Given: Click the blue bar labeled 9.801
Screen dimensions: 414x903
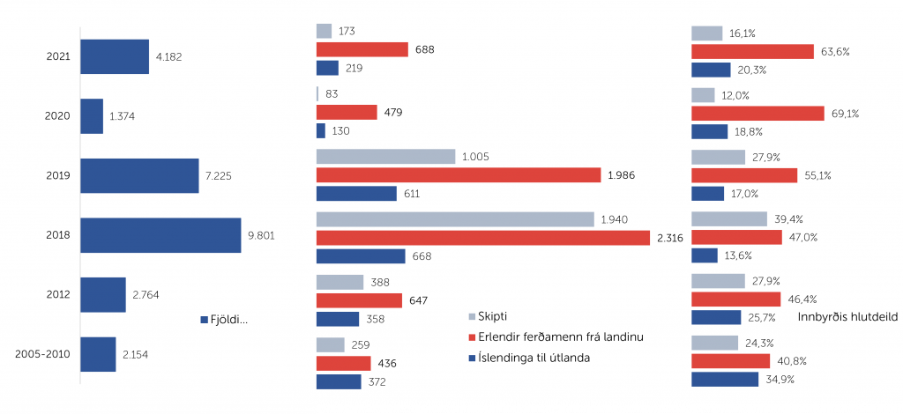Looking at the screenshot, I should click(160, 235).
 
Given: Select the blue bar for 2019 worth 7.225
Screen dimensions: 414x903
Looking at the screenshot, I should click(139, 175).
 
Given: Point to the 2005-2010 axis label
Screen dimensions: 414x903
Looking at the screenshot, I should click(44, 354).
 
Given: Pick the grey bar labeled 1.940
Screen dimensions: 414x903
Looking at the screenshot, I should click(455, 218).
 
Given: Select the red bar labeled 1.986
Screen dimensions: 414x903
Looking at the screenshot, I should click(459, 175).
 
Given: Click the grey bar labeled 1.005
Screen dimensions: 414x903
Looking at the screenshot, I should click(386, 157).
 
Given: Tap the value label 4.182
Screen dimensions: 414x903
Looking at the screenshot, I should click(168, 57).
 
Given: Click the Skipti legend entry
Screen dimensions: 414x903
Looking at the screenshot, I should click(492, 316).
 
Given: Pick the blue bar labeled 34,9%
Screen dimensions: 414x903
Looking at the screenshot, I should click(725, 380).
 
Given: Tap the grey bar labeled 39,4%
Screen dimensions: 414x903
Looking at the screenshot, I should click(729, 218).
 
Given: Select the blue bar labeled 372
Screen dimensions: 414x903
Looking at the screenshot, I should click(339, 381).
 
